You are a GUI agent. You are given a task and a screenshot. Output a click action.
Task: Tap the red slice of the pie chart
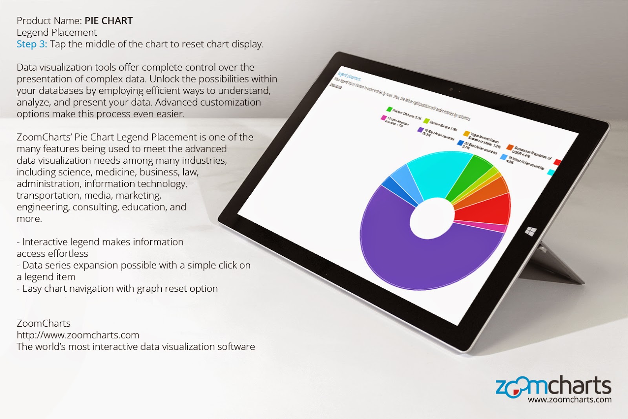pos(485,208)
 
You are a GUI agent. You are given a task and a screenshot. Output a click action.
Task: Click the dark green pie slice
pos(471,173)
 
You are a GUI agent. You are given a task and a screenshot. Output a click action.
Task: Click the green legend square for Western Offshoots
pos(389,110)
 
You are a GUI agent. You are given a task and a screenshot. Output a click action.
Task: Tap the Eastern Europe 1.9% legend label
pos(443,126)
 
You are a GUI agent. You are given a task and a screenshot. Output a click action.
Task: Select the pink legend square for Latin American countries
pos(383,117)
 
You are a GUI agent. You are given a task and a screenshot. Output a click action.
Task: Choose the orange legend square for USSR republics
pos(509,147)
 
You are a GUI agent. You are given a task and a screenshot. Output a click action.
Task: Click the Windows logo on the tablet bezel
pos(530,231)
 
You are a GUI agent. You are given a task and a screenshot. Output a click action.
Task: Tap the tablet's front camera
pos(451,89)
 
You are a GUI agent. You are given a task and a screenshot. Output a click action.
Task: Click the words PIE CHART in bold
pos(109,21)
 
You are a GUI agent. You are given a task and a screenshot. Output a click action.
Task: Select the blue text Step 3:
pos(31,44)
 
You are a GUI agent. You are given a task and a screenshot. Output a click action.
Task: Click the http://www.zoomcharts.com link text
pos(78,335)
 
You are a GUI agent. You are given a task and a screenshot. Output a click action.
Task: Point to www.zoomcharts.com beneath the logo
pos(570,400)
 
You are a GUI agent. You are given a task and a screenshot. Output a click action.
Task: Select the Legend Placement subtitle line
pos(57,33)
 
